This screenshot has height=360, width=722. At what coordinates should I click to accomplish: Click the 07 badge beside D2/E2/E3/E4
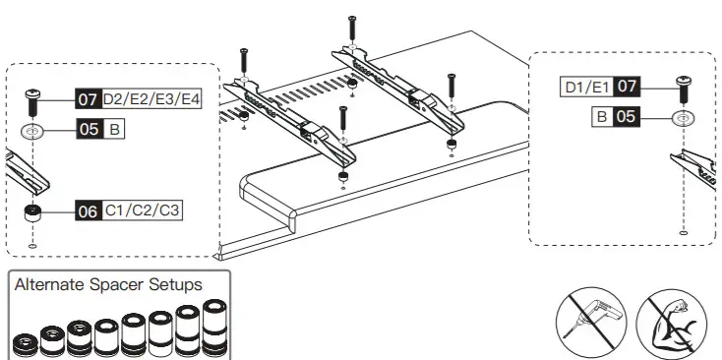[88, 100]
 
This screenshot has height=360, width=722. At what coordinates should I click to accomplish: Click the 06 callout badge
[88, 210]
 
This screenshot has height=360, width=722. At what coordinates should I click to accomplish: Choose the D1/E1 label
[586, 88]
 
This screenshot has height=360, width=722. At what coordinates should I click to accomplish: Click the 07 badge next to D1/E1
[628, 88]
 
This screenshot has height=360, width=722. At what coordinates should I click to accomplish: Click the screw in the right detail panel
[681, 88]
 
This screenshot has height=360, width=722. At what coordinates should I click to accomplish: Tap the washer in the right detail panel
[681, 118]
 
